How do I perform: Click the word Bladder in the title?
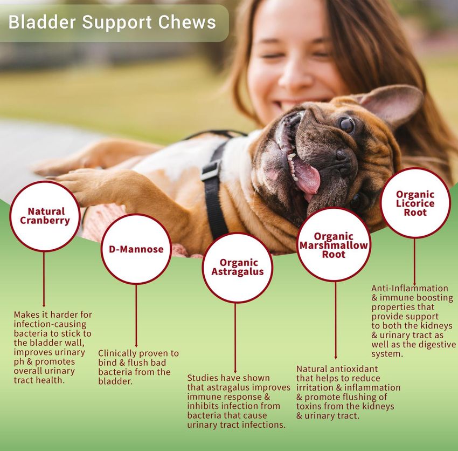[43, 22]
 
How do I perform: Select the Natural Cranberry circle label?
[45, 216]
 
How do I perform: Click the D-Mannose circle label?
[136, 249]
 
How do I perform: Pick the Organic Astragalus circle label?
[238, 267]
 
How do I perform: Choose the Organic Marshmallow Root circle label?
[334, 245]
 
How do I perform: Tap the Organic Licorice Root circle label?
[415, 203]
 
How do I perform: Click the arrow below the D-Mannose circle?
[136, 316]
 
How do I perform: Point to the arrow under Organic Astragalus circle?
[235, 338]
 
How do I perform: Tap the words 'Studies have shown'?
[228, 378]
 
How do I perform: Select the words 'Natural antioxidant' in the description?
[337, 369]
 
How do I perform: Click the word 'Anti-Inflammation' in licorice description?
[410, 289]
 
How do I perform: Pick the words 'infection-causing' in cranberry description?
[50, 324]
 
